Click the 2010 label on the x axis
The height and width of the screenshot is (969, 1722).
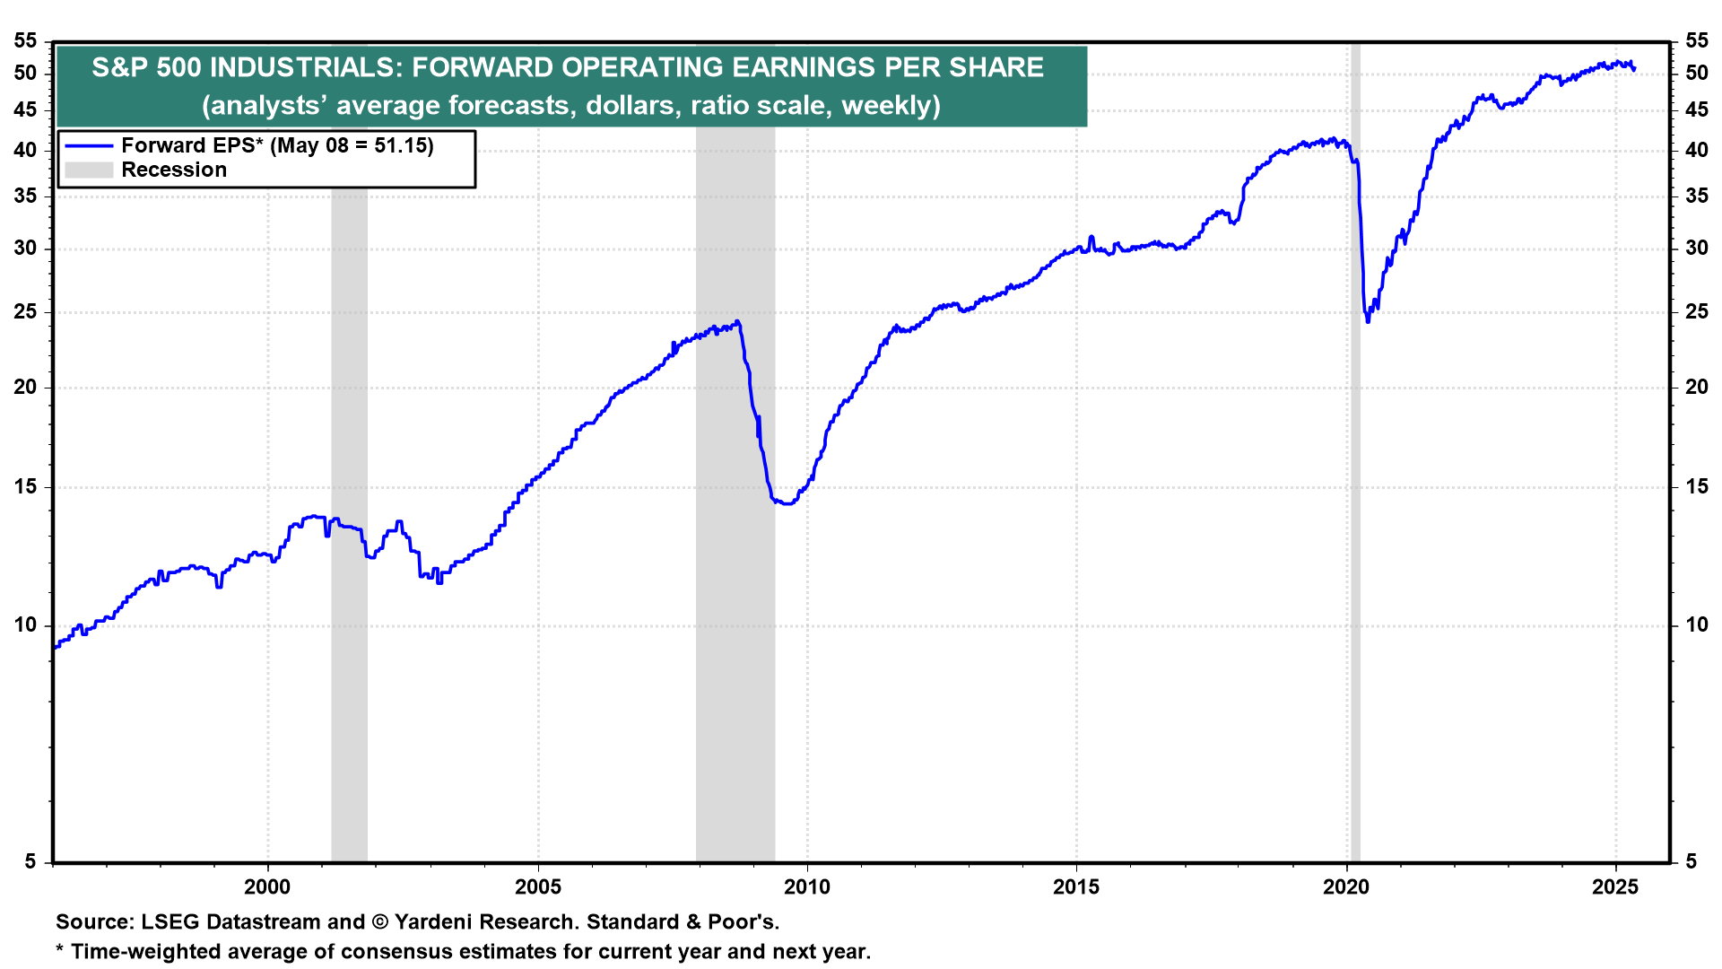point(806,887)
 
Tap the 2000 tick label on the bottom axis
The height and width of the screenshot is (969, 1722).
point(267,887)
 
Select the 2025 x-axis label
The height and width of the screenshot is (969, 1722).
point(1614,887)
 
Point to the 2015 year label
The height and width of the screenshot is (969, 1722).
point(1076,887)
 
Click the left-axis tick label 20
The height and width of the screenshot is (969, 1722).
point(26,388)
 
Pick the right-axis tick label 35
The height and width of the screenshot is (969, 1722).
point(1696,196)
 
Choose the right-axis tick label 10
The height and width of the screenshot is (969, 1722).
point(1696,625)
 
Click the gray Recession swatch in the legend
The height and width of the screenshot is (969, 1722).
point(89,170)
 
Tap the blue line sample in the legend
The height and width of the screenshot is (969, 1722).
point(89,146)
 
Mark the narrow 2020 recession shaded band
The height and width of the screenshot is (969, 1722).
point(1355,538)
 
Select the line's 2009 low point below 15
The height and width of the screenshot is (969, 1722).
point(787,503)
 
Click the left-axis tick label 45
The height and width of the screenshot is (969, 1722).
point(26,110)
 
